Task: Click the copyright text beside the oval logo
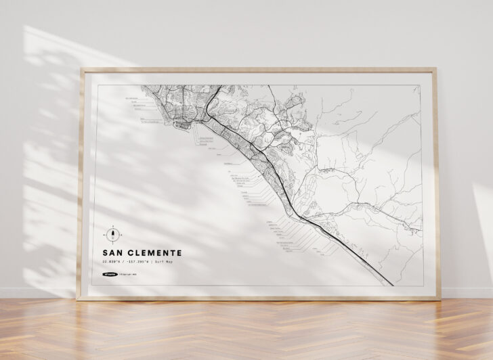click(127, 274)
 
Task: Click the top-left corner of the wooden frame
click(80, 70)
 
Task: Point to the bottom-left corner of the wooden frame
click(79, 298)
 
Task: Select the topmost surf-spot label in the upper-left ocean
click(133, 99)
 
